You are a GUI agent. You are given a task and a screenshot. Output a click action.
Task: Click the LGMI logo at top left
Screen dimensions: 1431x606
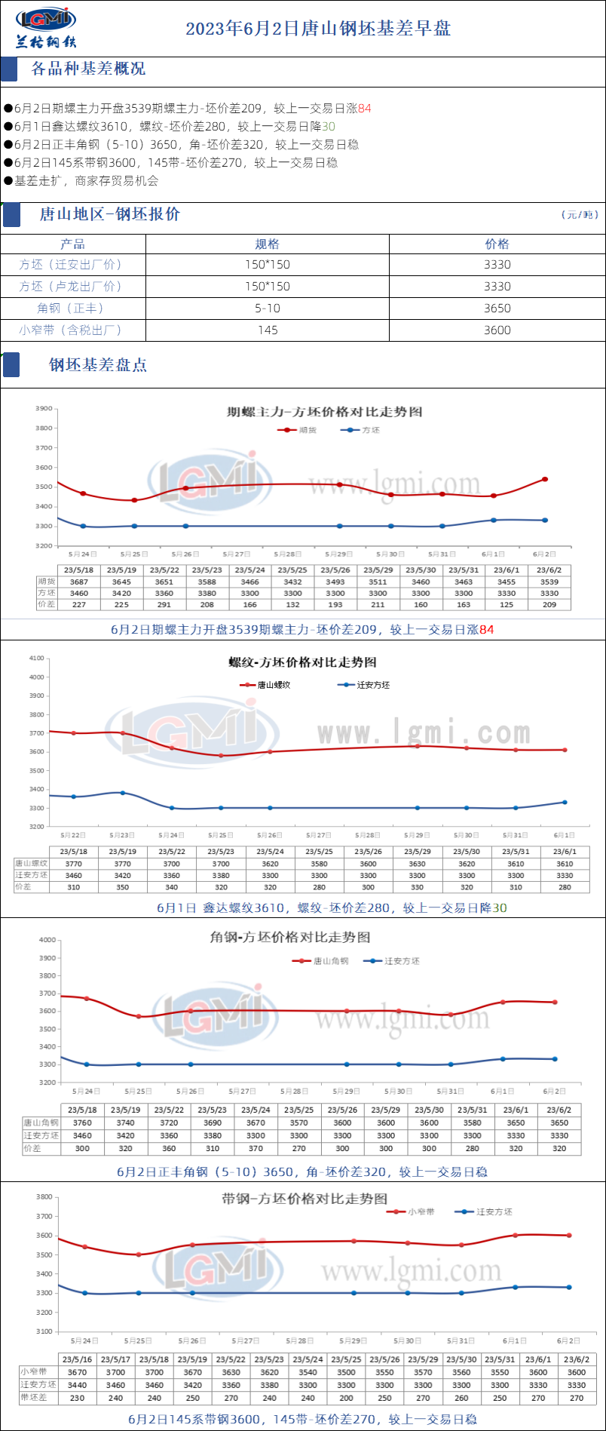(x=45, y=27)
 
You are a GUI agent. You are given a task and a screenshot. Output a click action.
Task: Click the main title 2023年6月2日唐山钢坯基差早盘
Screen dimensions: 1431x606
(x=318, y=29)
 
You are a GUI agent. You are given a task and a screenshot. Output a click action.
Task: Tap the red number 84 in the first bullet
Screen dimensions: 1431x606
(x=365, y=108)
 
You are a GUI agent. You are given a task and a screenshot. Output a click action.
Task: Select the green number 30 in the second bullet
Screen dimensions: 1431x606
(x=329, y=126)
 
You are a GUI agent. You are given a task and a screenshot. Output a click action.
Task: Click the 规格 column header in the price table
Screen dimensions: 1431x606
(x=268, y=244)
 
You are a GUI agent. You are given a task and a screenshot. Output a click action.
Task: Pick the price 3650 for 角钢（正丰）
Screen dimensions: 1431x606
(x=497, y=308)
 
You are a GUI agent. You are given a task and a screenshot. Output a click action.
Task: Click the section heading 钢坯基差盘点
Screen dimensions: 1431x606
(x=98, y=365)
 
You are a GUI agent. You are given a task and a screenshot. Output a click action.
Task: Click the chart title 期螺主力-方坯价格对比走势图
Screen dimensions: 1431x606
(x=324, y=412)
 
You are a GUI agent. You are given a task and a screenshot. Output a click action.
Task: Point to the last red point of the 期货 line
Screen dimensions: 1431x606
(x=545, y=479)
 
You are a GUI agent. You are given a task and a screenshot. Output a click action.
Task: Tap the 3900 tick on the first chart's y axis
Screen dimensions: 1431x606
(x=44, y=408)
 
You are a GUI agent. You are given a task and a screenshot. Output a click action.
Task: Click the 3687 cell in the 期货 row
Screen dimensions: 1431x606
(x=79, y=582)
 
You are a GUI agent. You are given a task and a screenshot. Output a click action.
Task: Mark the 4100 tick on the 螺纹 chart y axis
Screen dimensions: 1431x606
(x=36, y=658)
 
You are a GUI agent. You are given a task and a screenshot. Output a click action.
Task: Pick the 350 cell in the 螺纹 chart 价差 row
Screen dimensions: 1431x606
(x=123, y=887)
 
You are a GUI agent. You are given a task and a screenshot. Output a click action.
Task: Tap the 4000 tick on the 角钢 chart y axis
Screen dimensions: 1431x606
(x=47, y=940)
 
